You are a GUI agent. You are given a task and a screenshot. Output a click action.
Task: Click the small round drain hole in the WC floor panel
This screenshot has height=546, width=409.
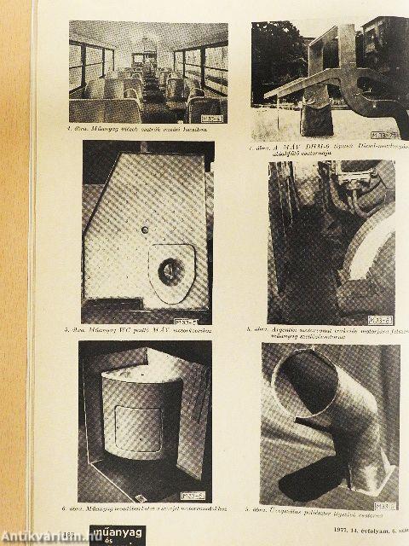[146, 229]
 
